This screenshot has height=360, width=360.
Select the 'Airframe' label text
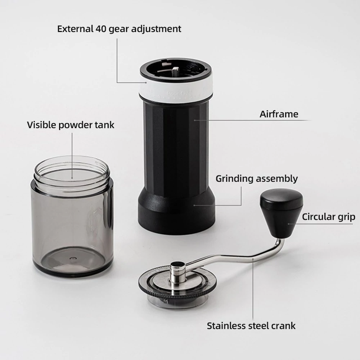coord(279,114)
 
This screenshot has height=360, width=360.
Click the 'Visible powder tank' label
coord(71,125)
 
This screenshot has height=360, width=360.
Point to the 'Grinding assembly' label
coord(257,179)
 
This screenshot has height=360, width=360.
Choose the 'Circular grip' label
coord(329,217)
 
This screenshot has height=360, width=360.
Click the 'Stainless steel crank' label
coord(251,326)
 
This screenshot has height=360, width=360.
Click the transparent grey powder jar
coord(72,216)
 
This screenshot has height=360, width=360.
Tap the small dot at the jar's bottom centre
coord(73,258)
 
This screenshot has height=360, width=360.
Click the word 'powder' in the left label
coord(73,125)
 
